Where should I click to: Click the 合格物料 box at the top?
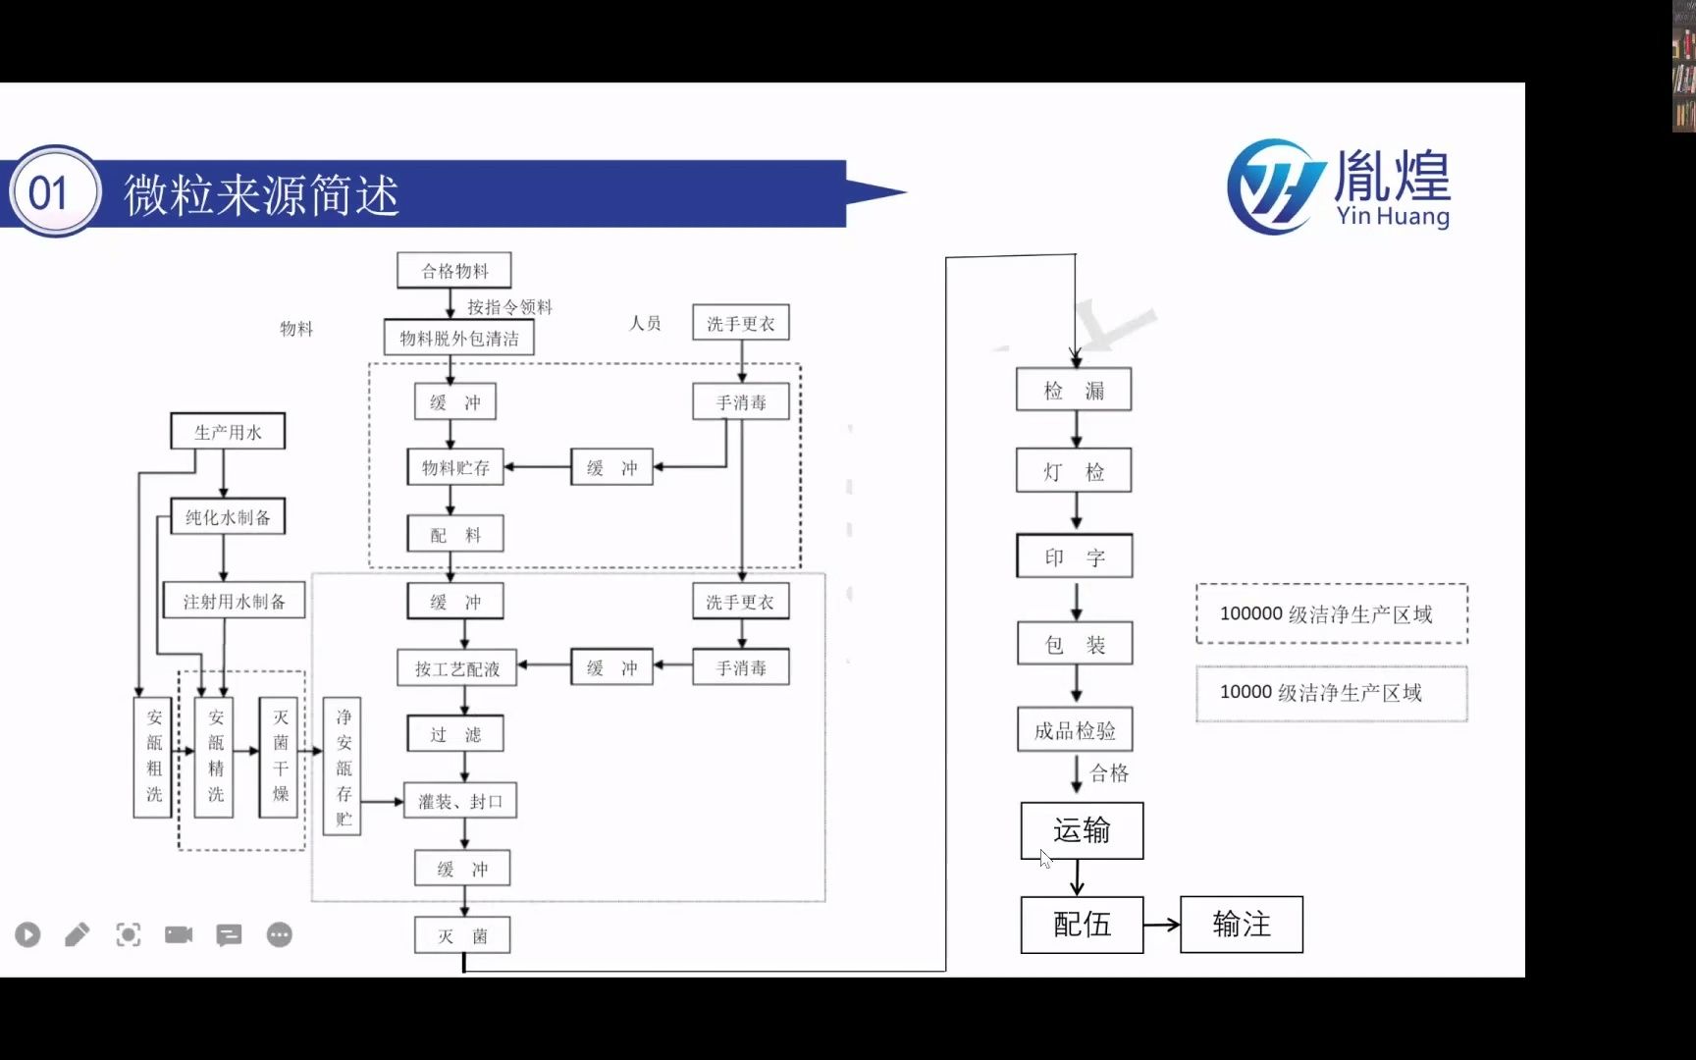pyautogui.click(x=453, y=271)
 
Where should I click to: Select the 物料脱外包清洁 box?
pyautogui.click(x=458, y=339)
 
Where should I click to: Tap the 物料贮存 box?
pyautogui.click(x=455, y=468)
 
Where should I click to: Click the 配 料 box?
pyautogui.click(x=455, y=535)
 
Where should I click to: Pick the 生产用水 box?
pyautogui.click(x=228, y=432)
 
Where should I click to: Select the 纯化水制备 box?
pyautogui.click(x=228, y=517)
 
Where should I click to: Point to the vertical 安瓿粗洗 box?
pyautogui.click(x=153, y=756)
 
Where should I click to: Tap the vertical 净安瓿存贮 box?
pyautogui.click(x=343, y=767)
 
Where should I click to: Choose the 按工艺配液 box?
pyautogui.click(x=457, y=668)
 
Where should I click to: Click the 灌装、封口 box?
pyautogui.click(x=460, y=802)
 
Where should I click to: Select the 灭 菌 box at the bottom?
pyautogui.click(x=461, y=936)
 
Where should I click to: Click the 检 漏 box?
pyautogui.click(x=1074, y=391)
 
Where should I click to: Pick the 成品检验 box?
pyautogui.click(x=1075, y=730)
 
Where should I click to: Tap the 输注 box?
pyautogui.click(x=1242, y=925)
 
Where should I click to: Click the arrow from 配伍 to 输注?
pyautogui.click(x=1162, y=925)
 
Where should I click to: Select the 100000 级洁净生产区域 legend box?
pyautogui.click(x=1331, y=614)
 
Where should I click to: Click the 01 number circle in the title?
pyautogui.click(x=49, y=193)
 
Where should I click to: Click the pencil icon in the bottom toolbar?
pyautogui.click(x=78, y=935)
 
